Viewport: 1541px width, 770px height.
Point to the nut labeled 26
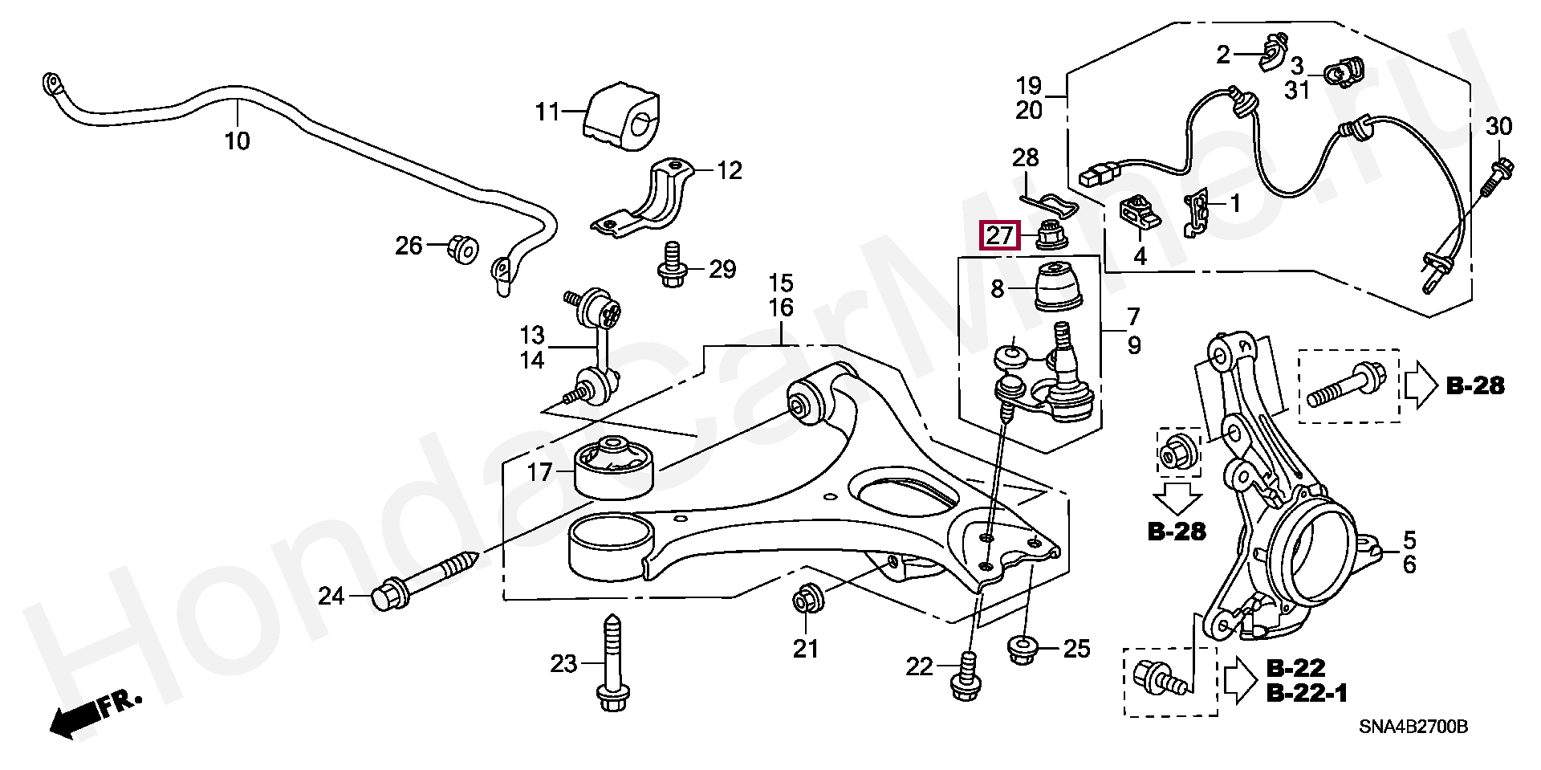(x=462, y=248)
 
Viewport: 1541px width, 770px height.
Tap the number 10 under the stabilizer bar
(x=237, y=141)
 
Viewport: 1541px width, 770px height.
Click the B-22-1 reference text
(x=1306, y=693)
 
